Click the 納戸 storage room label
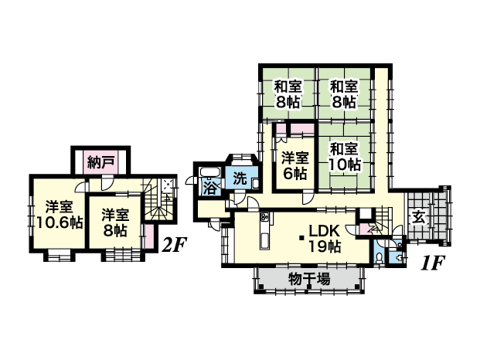[100, 162]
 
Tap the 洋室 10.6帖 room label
[60, 215]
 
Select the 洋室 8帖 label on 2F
[115, 222]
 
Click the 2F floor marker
[174, 245]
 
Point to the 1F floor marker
[432, 263]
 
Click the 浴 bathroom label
[210, 188]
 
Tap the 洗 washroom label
[240, 179]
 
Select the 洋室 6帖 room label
[294, 165]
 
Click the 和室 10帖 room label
[344, 157]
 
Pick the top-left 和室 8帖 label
[288, 94]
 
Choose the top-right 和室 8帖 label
[344, 94]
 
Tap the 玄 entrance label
[419, 218]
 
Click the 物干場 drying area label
[309, 279]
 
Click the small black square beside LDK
[302, 238]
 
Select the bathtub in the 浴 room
[210, 172]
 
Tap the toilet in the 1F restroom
[380, 257]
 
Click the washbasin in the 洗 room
[256, 185]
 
